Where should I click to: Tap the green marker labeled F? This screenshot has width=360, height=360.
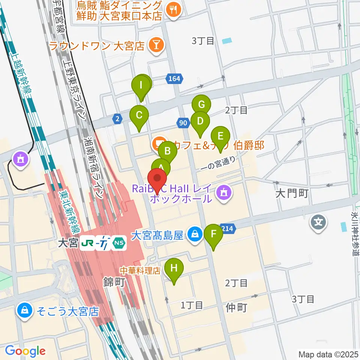[214, 234]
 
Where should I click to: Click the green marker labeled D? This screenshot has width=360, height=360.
[200, 121]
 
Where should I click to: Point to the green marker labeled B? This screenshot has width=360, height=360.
[168, 151]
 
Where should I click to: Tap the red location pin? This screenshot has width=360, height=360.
[157, 178]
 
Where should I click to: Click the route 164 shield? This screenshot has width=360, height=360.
[174, 79]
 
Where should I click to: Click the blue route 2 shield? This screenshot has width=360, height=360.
[117, 119]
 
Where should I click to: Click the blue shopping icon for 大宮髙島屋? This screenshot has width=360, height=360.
[194, 235]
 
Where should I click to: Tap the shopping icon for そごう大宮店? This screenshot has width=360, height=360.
[24, 311]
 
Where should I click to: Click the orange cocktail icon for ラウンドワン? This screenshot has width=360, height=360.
[154, 46]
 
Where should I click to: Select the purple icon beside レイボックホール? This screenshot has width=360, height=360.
[224, 193]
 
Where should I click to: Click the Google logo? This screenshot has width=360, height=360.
[25, 351]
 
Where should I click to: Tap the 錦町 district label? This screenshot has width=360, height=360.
[114, 282]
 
